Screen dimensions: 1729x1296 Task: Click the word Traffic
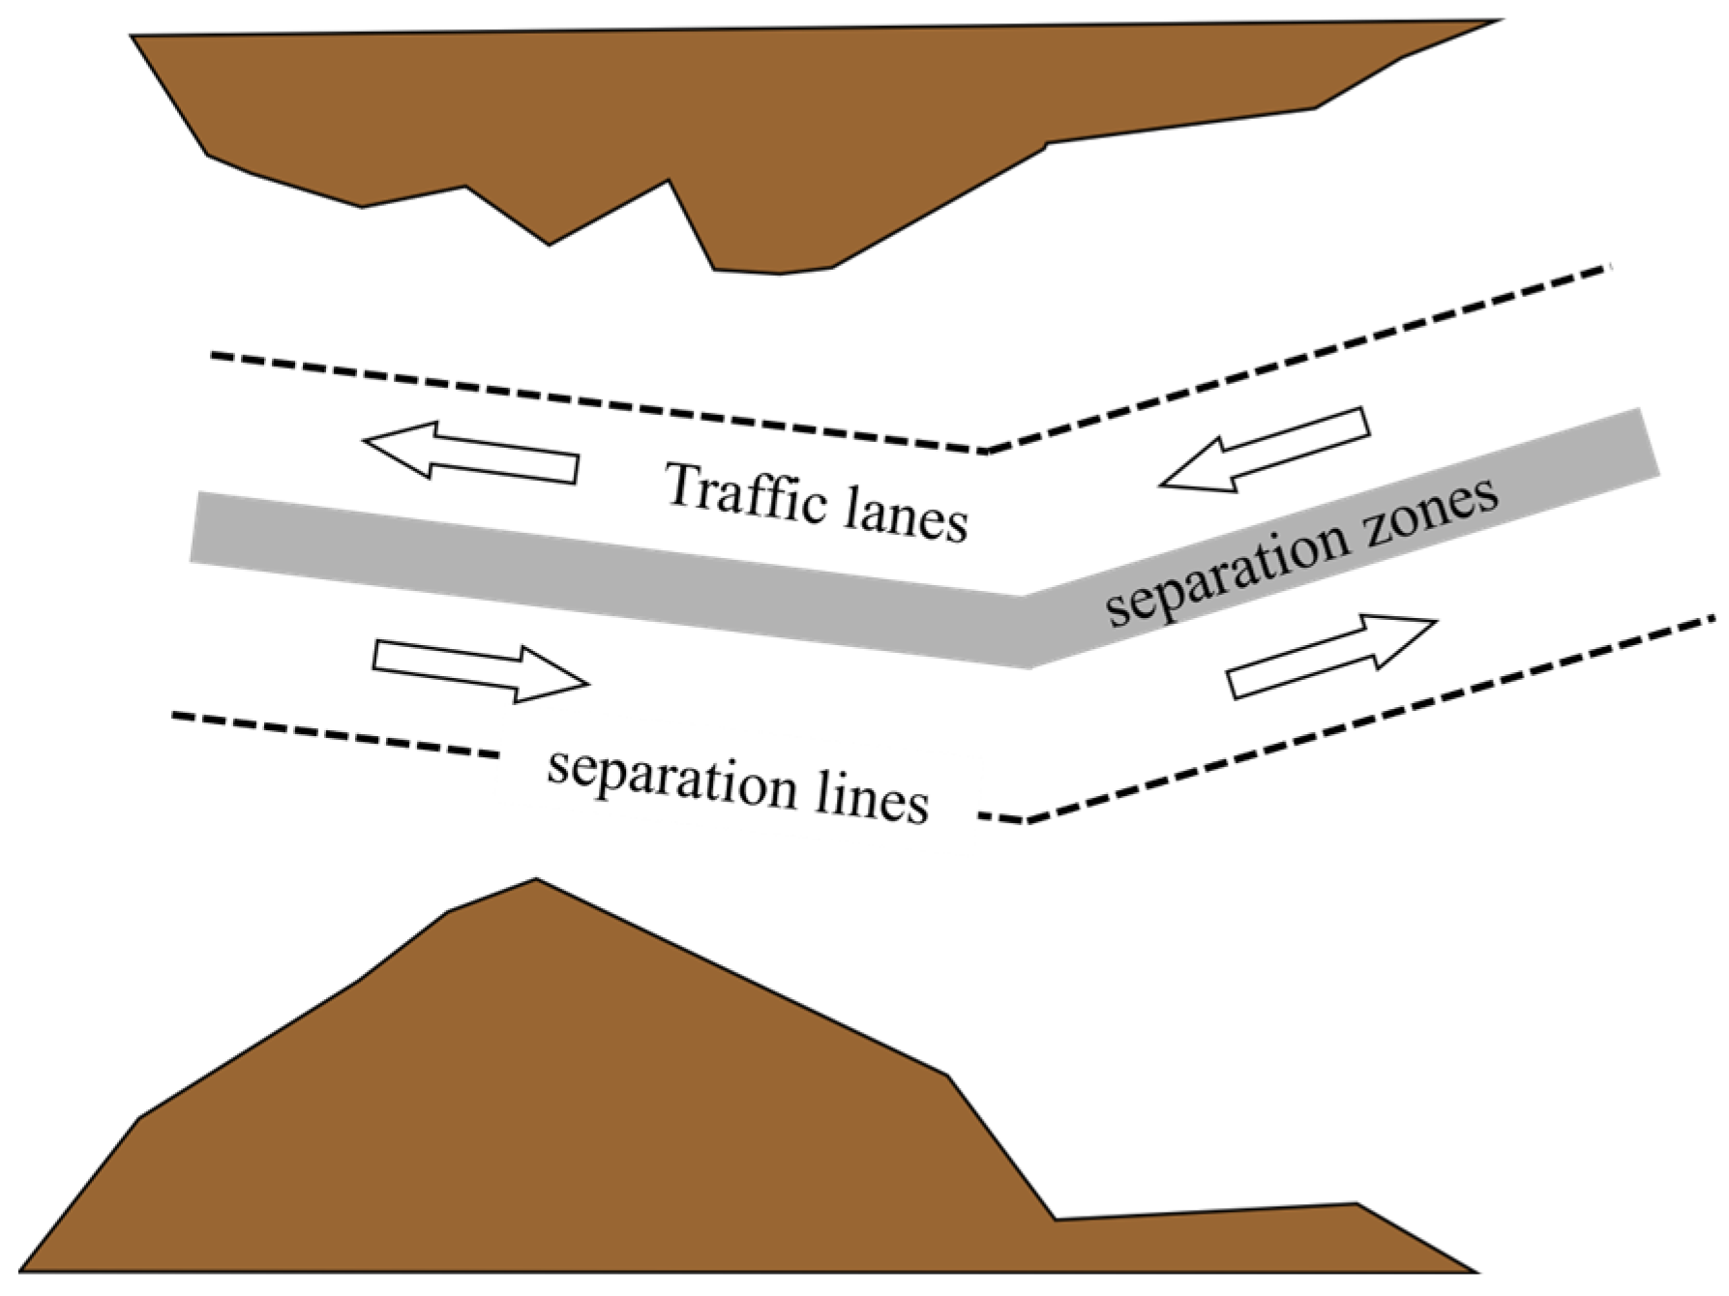coord(746,496)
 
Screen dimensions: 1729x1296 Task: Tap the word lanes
coord(906,516)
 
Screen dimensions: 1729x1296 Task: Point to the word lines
coord(872,799)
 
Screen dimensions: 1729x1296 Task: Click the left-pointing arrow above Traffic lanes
coord(471,451)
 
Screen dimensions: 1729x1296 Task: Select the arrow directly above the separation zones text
coord(1265,450)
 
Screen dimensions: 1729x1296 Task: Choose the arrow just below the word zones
coord(1332,656)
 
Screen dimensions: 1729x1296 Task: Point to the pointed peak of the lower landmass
coord(536,879)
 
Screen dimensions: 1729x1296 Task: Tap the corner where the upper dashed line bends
coord(982,451)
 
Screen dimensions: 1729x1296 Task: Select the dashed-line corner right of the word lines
coord(1027,822)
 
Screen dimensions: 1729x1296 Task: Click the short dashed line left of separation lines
coord(336,735)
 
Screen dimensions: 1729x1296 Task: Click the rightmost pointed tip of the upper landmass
coord(1501,20)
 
